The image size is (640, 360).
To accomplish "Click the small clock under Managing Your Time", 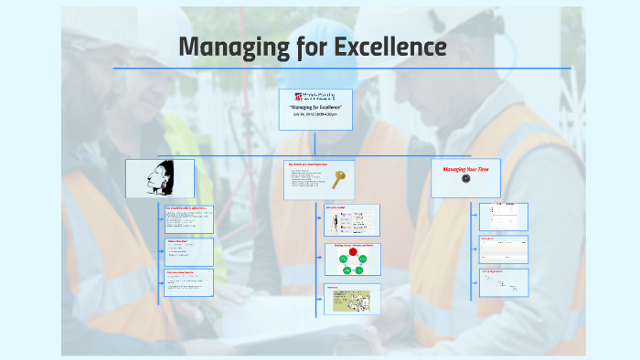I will (464, 180).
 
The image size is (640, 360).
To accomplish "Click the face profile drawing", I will (159, 177).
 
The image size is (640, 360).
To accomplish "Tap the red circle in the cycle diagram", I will (353, 252).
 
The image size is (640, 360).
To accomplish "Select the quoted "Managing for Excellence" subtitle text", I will (315, 108).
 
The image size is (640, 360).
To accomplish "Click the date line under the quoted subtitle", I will (315, 115).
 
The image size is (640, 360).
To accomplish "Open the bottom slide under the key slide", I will (352, 298).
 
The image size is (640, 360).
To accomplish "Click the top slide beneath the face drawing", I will (189, 219).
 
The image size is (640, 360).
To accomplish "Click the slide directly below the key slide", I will (352, 218).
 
